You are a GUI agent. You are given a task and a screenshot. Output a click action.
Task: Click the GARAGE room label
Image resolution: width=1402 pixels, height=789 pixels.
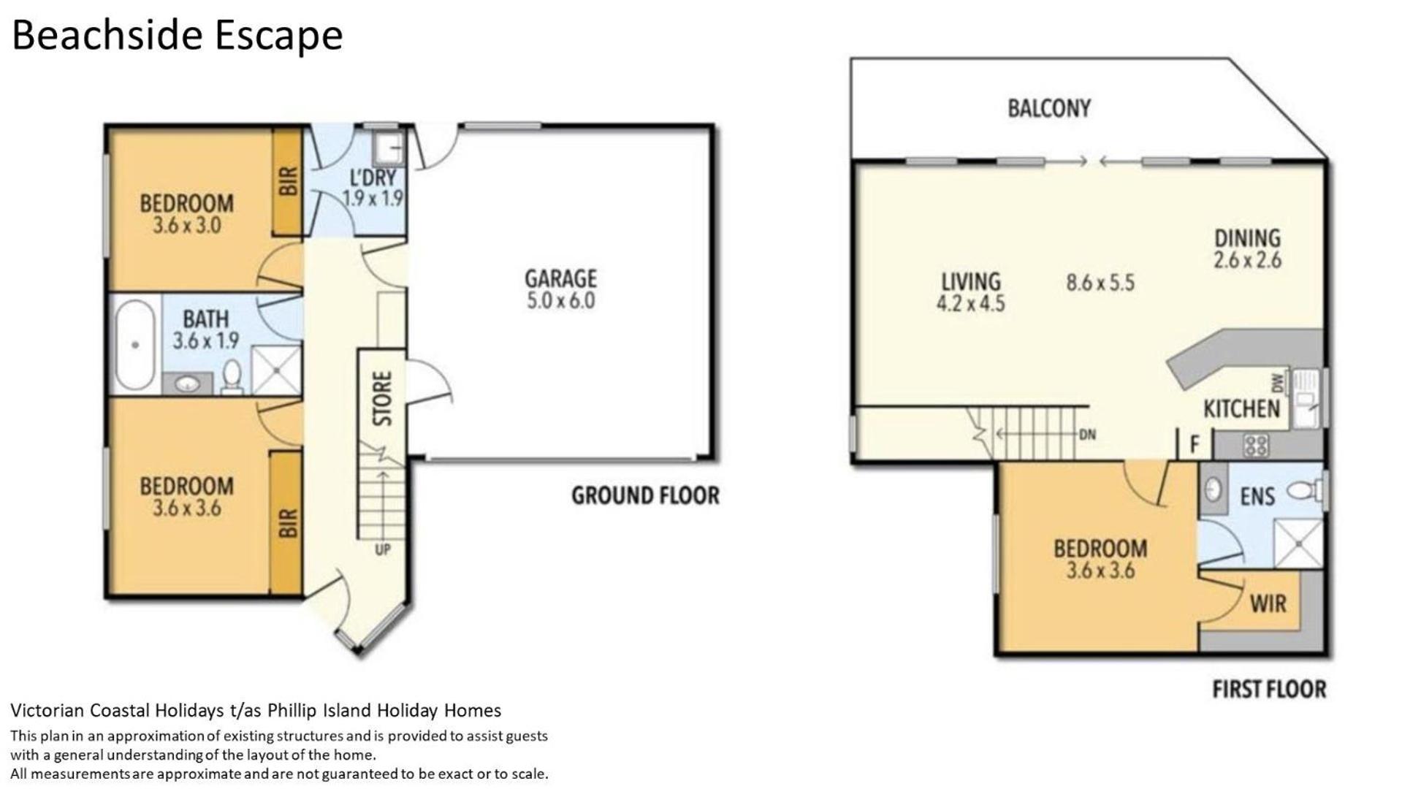pyautogui.click(x=560, y=278)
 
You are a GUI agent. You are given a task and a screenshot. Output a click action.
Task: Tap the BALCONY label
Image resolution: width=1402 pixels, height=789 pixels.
pyautogui.click(x=1048, y=109)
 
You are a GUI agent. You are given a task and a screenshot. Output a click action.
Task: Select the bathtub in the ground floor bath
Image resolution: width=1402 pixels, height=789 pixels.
pyautogui.click(x=135, y=345)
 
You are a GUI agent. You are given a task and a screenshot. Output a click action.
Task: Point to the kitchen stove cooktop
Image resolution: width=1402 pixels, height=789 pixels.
pyautogui.click(x=1255, y=445)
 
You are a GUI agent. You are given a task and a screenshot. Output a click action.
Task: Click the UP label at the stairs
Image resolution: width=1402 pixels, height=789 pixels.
pyautogui.click(x=382, y=549)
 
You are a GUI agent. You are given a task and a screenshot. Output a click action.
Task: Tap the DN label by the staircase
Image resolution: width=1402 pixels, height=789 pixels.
pyautogui.click(x=1087, y=435)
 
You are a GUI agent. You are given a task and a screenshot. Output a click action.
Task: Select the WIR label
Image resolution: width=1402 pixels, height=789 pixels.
pyautogui.click(x=1268, y=604)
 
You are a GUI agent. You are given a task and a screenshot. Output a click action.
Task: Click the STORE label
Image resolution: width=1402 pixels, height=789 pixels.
pyautogui.click(x=382, y=398)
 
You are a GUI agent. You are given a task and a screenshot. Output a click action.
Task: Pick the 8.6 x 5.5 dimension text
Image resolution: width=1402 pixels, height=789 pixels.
pyautogui.click(x=1100, y=283)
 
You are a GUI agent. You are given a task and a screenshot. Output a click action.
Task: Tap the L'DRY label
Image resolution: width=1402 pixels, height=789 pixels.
pyautogui.click(x=373, y=178)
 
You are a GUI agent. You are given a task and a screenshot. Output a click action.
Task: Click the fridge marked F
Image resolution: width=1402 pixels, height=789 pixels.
pyautogui.click(x=1195, y=444)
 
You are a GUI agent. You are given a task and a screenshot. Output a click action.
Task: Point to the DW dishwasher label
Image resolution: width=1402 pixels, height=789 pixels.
pyautogui.click(x=1277, y=382)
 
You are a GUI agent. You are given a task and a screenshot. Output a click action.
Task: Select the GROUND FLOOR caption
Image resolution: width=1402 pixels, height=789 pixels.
pyautogui.click(x=645, y=496)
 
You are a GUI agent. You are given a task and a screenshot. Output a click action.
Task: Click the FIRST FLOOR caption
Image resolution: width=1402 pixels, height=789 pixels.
pyautogui.click(x=1269, y=689)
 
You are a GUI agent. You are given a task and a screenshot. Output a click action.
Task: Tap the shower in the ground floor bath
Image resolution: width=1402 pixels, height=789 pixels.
pyautogui.click(x=276, y=370)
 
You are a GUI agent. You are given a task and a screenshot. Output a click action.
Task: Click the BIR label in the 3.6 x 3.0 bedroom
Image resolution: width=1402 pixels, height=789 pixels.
pyautogui.click(x=288, y=181)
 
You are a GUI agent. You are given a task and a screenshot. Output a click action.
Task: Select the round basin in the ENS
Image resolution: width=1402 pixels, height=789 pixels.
pyautogui.click(x=1214, y=488)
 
